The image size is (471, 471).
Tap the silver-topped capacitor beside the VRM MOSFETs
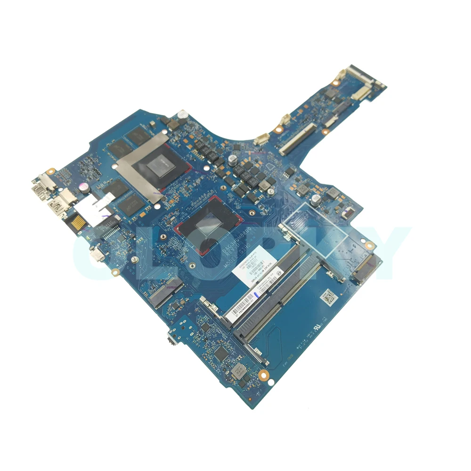coord(233,159)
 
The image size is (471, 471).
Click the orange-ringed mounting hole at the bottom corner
coord(263,376)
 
